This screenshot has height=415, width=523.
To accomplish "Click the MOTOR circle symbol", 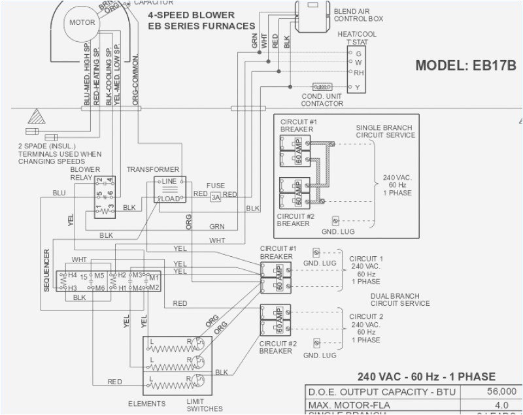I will pos(82,23).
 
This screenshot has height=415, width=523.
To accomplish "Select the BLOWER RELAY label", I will pos(85,173).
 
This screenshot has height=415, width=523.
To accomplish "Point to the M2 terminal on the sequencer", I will pos(154,288).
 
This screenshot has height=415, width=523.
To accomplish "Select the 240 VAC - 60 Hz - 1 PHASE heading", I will pos(426,376).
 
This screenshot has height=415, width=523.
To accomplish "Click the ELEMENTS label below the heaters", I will pos(147,404).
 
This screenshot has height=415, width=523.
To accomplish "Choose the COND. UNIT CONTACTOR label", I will pos(322,99).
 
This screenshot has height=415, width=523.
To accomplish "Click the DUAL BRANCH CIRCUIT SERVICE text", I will pos(400,299).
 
